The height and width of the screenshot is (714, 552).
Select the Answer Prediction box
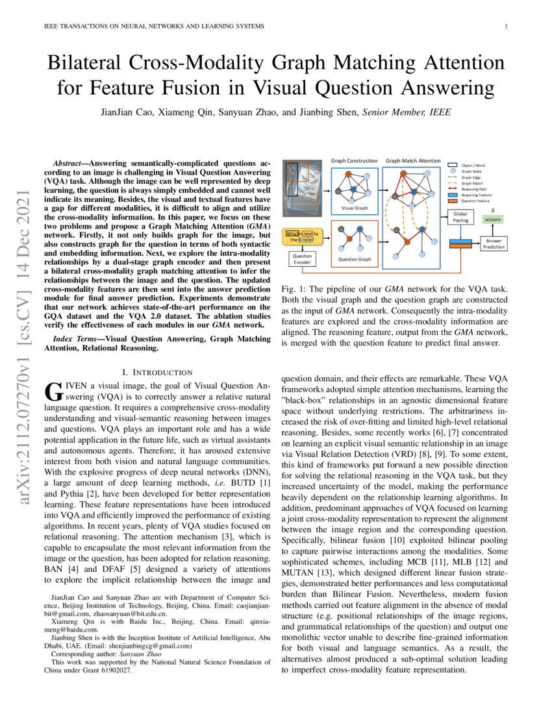tap(494, 244)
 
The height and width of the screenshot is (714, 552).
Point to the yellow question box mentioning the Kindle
tap(303, 236)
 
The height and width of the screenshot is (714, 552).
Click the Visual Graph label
tap(354, 209)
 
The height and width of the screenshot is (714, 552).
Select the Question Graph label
tap(355, 260)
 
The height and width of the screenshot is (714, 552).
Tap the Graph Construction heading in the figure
tap(355, 160)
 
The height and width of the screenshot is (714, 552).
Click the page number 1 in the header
tap(505, 26)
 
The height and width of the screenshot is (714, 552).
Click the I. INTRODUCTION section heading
tap(157, 372)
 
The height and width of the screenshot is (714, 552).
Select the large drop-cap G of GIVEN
tap(51, 391)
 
